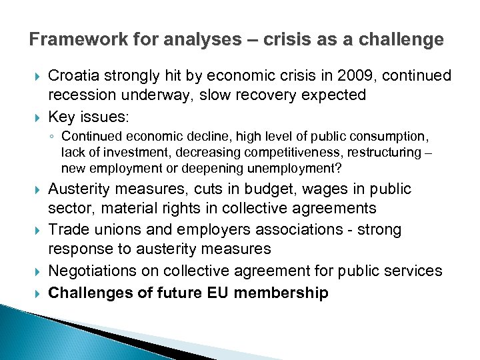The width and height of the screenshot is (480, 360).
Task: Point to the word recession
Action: [x=83, y=95]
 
